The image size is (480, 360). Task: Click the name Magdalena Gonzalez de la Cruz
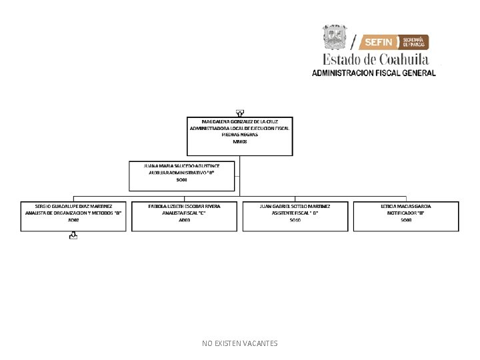point(239,121)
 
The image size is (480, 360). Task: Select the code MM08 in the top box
point(239,142)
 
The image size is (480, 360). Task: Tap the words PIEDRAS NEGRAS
point(239,135)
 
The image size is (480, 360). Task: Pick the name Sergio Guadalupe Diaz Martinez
point(73,206)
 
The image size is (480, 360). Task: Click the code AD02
point(73,220)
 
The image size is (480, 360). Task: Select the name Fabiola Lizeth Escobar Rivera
point(184,206)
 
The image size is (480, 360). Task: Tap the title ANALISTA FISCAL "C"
point(184,213)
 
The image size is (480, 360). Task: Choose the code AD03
point(184,220)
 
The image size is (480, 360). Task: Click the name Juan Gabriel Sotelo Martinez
point(295,206)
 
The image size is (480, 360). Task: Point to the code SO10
point(295,220)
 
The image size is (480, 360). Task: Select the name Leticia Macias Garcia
point(406,206)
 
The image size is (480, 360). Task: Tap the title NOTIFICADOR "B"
point(406,213)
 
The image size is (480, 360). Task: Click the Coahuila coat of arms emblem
point(335,37)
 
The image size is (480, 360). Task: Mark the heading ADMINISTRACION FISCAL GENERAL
point(373,73)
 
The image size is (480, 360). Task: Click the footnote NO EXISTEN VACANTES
point(239,343)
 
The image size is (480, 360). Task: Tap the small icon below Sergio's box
point(73,235)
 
